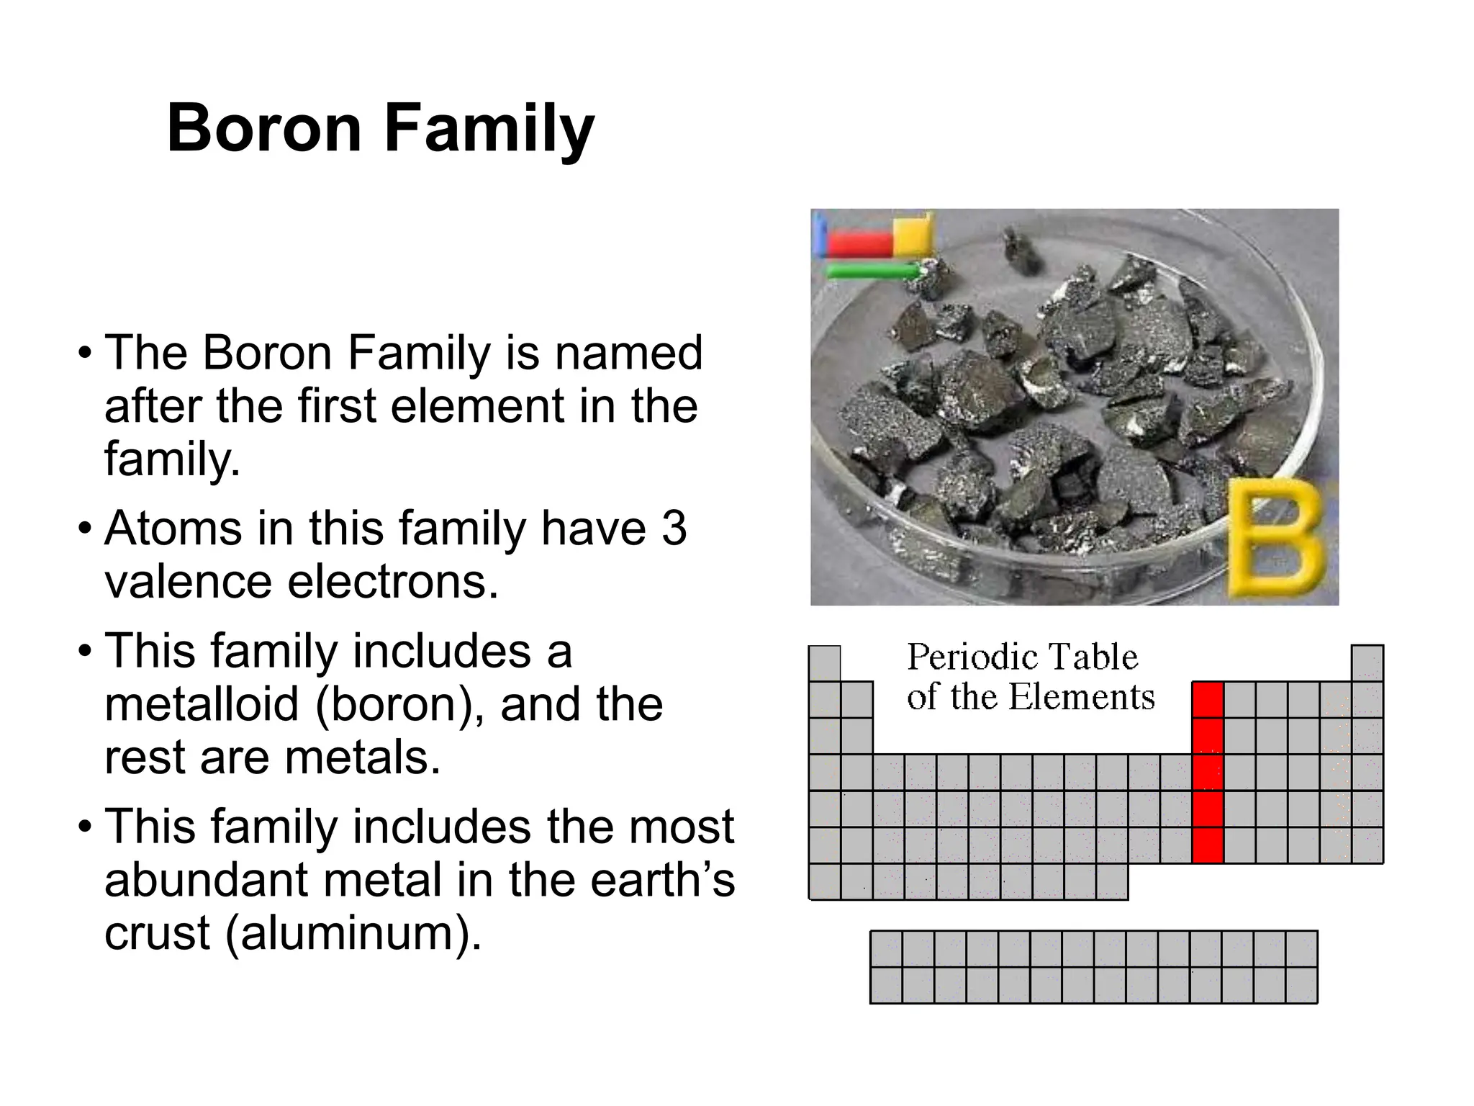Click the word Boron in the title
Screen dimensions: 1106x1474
point(263,128)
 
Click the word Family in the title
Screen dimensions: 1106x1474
point(489,130)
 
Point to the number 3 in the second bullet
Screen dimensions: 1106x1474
point(674,528)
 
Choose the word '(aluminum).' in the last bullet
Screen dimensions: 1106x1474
point(353,933)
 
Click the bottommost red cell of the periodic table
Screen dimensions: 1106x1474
point(1208,845)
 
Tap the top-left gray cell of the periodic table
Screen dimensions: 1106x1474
point(824,663)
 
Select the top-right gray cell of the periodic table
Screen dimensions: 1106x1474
point(1367,663)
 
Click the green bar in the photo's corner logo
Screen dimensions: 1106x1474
point(872,271)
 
